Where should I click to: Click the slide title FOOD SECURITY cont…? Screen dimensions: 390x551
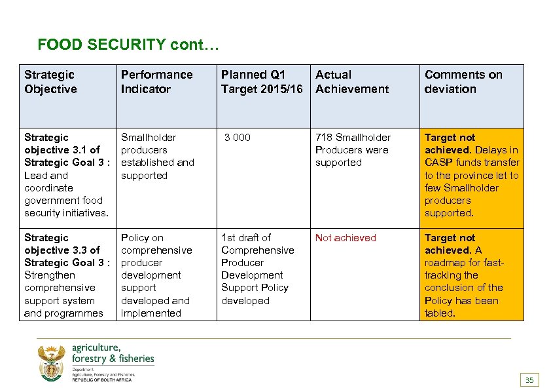pos(130,45)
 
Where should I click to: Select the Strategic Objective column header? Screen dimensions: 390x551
pos(50,82)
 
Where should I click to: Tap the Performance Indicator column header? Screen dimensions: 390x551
pos(156,82)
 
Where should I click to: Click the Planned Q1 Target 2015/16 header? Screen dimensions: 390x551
pos(262,82)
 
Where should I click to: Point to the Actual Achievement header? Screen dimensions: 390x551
pos(351,82)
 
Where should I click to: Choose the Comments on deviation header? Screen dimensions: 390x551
pos(463,82)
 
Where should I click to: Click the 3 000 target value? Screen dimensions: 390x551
pos(237,138)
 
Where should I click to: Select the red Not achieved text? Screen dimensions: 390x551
pos(346,238)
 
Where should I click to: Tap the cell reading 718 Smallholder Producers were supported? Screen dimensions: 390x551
pos(353,149)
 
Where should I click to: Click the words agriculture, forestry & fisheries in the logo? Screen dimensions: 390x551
pos(113,353)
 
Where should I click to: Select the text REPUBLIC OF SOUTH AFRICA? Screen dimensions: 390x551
pos(101,380)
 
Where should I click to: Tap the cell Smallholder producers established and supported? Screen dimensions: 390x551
pos(157,156)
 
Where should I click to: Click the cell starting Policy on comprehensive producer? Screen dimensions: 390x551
pos(156,275)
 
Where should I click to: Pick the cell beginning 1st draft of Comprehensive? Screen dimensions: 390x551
pos(257,269)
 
